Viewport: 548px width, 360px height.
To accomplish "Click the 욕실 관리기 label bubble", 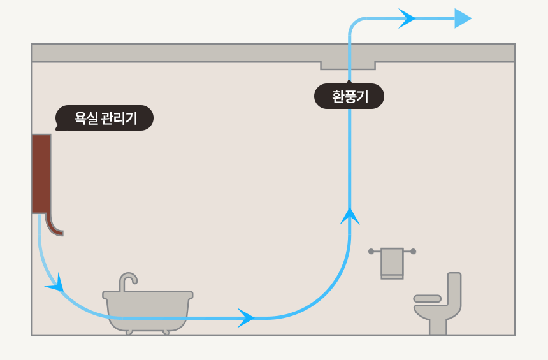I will (105, 118).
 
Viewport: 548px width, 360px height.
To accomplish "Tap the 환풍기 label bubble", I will (349, 97).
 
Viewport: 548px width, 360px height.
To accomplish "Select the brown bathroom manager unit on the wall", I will (41, 173).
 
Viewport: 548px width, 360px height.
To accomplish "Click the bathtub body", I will (148, 311).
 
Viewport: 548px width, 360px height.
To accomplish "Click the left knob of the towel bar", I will (371, 252).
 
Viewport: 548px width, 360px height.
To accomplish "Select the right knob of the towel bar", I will (414, 252).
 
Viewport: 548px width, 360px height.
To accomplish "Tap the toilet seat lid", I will (427, 298).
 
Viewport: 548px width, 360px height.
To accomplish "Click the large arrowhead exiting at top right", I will (463, 18).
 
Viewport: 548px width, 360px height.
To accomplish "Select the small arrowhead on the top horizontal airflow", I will (407, 18).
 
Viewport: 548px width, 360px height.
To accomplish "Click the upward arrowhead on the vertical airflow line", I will (349, 216).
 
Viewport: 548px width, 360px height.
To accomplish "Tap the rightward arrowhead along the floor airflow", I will (246, 317).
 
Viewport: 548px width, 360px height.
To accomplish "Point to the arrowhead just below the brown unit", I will (56, 285).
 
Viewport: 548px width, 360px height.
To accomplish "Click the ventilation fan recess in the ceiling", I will (348, 65).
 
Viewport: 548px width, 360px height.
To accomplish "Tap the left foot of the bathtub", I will (129, 332).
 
